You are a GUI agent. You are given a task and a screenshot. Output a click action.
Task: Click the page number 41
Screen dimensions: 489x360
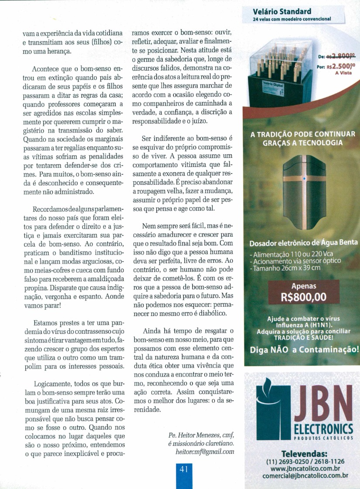tap(183, 469)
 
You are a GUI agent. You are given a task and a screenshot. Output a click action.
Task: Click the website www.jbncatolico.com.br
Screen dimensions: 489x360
tap(305, 469)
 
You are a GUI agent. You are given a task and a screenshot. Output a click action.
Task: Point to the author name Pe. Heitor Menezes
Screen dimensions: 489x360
tap(194, 435)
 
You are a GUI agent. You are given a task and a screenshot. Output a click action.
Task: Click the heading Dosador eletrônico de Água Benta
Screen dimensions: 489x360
tap(304, 243)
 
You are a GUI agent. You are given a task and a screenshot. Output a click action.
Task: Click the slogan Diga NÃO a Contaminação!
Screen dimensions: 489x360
tap(304, 350)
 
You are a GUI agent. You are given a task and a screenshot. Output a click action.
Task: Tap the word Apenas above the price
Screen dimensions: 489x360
tap(303, 286)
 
